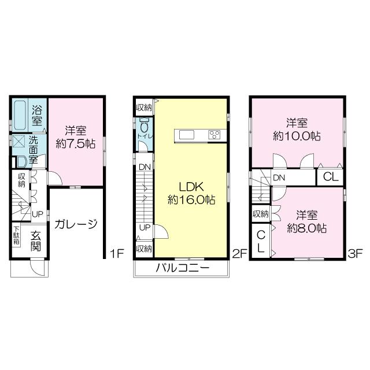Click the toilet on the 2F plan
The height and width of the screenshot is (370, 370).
(143, 126)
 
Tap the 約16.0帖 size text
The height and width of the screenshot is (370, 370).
(191, 201)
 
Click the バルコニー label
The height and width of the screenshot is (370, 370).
(182, 268)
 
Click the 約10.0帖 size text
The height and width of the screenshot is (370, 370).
(297, 136)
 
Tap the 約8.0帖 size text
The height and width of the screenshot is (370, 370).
(306, 228)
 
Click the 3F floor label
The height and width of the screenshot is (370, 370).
(354, 253)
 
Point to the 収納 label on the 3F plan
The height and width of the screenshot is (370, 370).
(260, 214)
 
